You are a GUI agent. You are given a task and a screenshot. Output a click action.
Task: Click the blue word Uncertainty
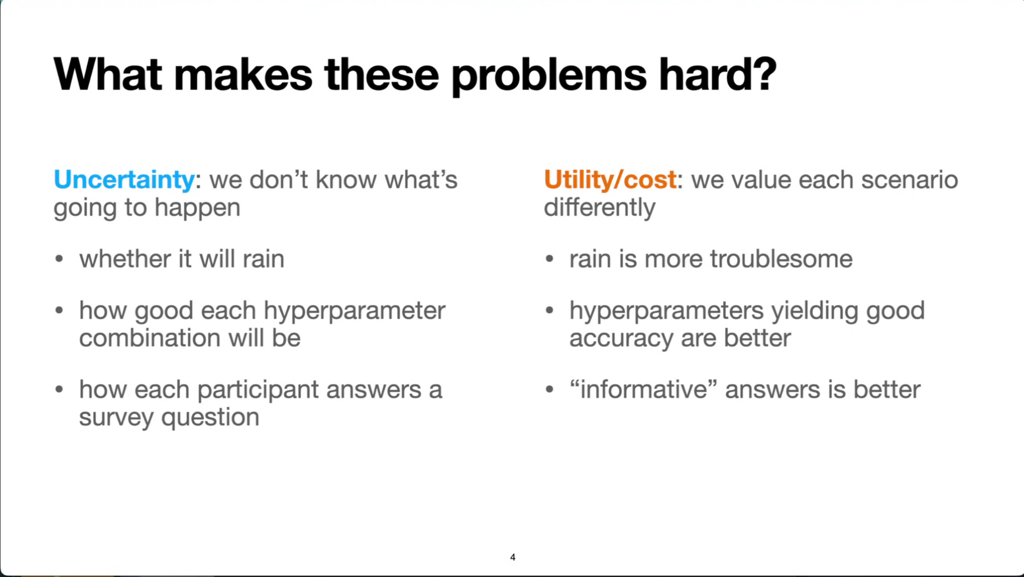[x=124, y=180]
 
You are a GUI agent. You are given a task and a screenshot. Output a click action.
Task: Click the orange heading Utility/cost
[x=610, y=180]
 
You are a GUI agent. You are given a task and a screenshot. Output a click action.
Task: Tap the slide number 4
[x=512, y=557]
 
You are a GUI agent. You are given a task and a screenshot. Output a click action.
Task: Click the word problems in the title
[x=549, y=76]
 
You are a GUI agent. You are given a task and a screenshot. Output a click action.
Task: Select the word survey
[x=116, y=418]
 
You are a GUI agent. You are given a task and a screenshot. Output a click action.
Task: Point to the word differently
[x=600, y=208]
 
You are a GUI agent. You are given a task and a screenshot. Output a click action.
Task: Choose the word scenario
[x=909, y=180]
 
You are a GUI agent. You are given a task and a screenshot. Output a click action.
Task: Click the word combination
[x=150, y=337]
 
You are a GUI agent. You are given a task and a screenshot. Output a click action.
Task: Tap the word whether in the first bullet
[x=125, y=259]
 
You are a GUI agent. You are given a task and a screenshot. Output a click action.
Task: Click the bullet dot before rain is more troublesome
[x=550, y=259]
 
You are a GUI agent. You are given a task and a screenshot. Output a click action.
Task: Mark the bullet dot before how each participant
[x=59, y=389]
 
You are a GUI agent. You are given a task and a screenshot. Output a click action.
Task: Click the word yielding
[x=815, y=311]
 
